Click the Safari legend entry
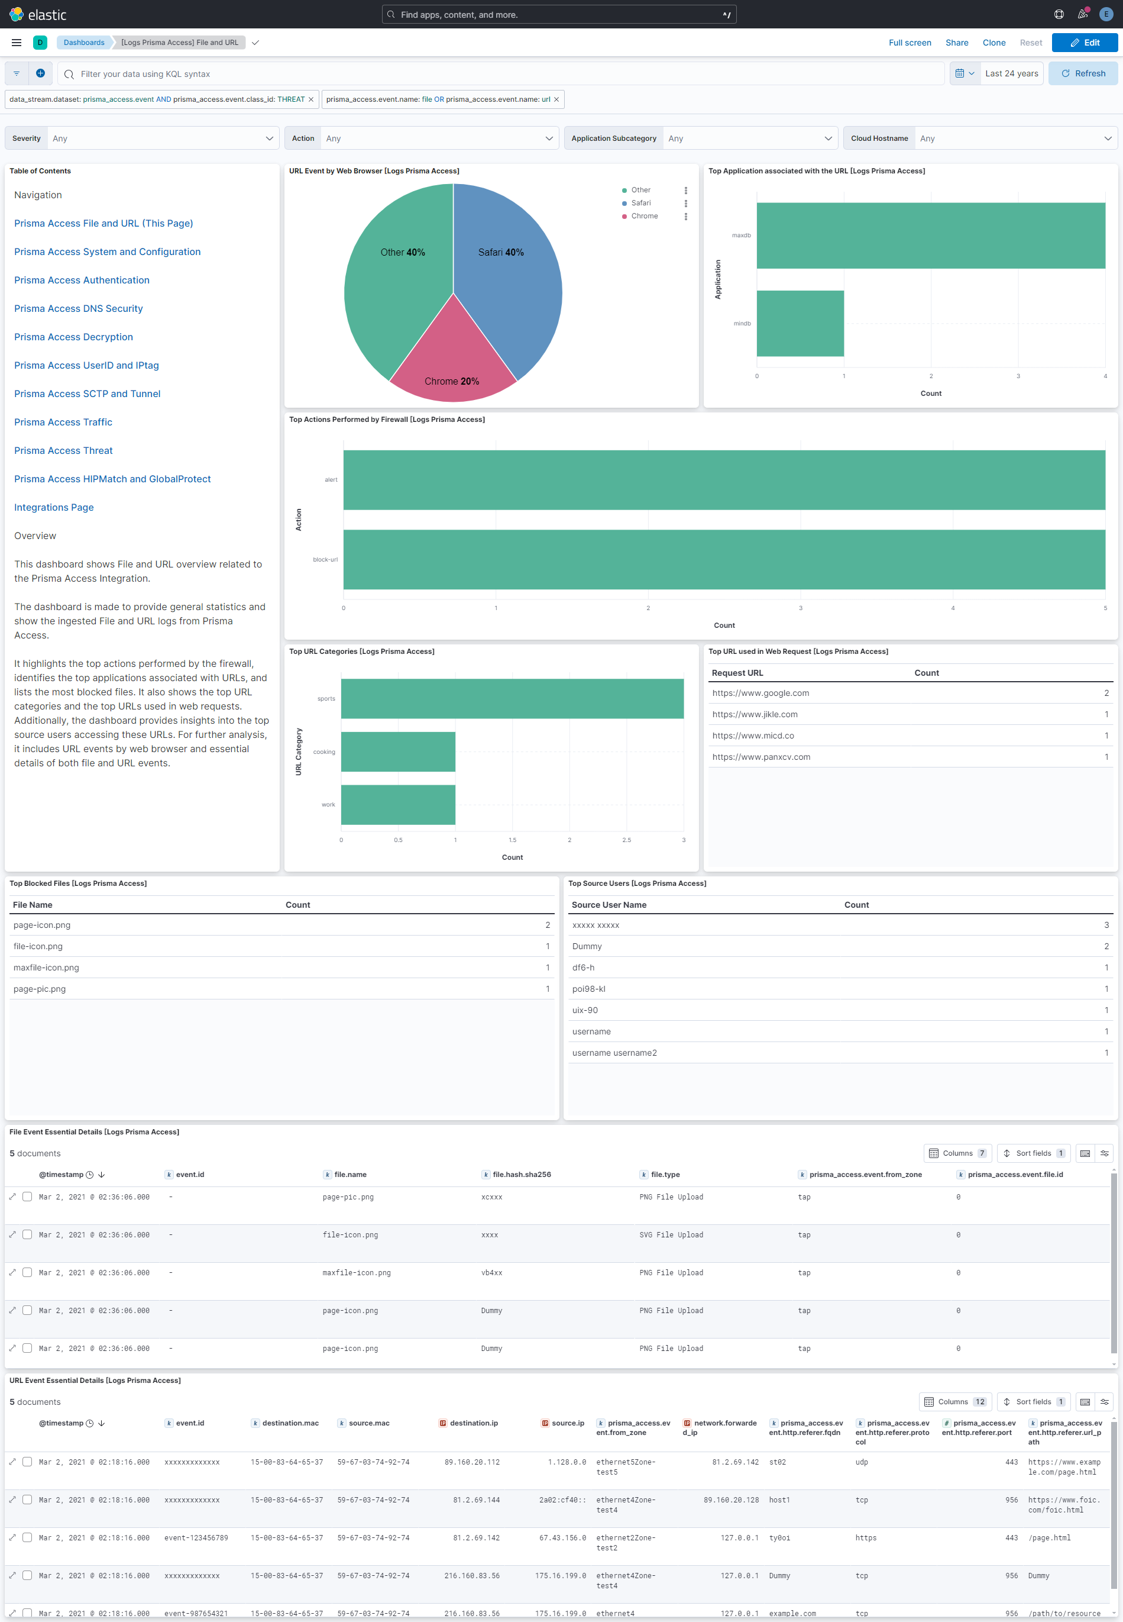click(x=640, y=203)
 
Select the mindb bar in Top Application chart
click(x=800, y=323)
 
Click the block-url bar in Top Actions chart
click(x=723, y=559)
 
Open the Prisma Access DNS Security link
click(x=78, y=308)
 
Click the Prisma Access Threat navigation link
click(x=63, y=450)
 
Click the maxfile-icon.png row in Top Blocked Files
click(x=47, y=968)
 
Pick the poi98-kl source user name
click(x=588, y=988)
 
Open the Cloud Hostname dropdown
click(x=979, y=138)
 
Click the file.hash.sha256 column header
click(x=522, y=1174)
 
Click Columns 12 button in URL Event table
click(x=955, y=1402)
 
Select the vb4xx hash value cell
click(x=491, y=1273)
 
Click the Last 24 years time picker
click(x=1011, y=73)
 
